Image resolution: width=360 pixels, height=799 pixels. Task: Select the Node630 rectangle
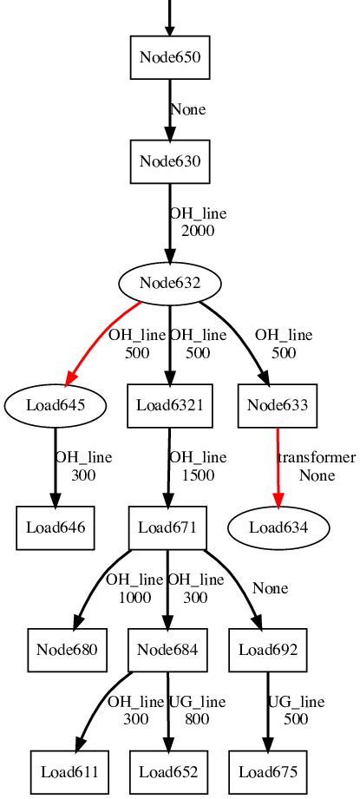(170, 161)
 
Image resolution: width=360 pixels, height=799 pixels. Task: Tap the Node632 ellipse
(170, 283)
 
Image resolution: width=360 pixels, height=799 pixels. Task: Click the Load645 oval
(56, 404)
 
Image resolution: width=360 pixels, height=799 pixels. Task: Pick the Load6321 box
(170, 404)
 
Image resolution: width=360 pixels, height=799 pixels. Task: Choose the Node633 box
(278, 404)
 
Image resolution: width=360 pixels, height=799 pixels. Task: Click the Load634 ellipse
(279, 527)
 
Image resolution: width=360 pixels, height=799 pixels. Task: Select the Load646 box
(56, 527)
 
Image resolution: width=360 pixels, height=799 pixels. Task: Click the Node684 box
(168, 649)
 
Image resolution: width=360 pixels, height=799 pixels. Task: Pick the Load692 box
(267, 649)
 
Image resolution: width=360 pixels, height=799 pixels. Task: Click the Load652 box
(168, 770)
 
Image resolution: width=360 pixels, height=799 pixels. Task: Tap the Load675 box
(267, 770)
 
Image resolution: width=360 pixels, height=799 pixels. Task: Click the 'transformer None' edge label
(316, 466)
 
